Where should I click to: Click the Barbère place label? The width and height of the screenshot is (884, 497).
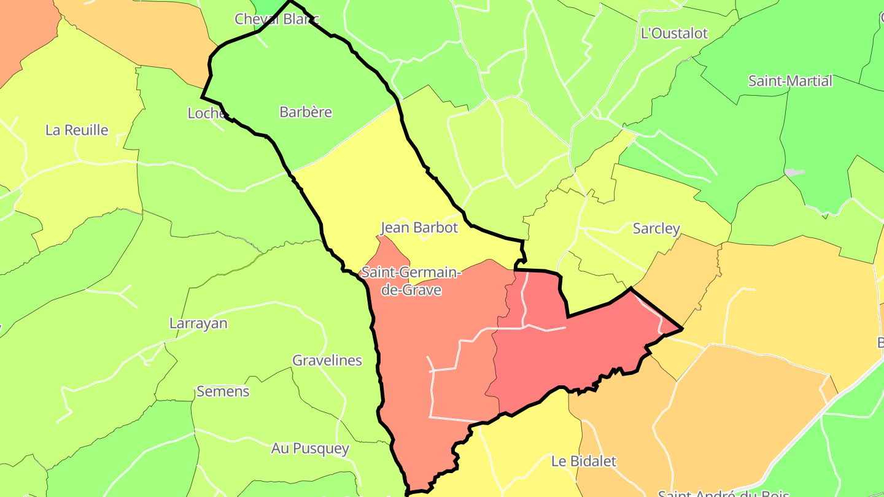coord(305,112)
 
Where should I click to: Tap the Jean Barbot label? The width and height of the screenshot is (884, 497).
coord(419,228)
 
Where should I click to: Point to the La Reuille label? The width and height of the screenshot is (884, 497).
coord(77,130)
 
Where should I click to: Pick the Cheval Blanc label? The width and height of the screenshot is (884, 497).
coord(276,19)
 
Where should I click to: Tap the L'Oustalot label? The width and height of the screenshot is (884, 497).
coord(674,33)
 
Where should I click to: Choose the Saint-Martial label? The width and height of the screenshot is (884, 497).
coord(790,81)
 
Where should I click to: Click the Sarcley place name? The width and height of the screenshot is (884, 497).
coord(656,229)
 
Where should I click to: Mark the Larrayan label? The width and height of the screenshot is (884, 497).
coord(198,323)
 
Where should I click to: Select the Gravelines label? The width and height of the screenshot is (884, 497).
coord(327,360)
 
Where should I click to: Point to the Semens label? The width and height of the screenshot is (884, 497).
coord(223,391)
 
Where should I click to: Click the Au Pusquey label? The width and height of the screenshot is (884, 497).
coord(310,449)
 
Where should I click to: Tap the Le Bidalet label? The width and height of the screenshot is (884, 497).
coord(583,461)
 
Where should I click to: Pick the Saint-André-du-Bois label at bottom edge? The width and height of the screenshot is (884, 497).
coord(723,493)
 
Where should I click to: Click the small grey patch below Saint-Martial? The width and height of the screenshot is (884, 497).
coord(794,172)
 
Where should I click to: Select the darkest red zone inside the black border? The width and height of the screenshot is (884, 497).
coord(565,356)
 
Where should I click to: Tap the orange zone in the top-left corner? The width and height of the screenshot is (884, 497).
coord(25,31)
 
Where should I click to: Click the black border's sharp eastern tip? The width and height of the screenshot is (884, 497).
coord(682,329)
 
